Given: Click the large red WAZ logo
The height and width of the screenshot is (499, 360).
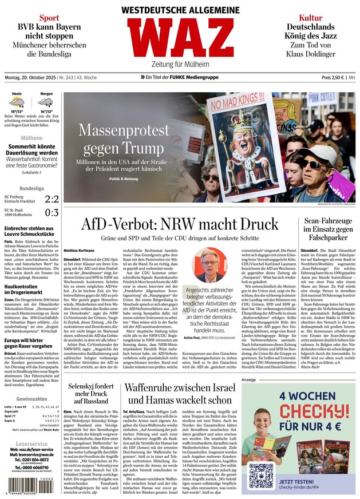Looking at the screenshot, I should click(180, 37).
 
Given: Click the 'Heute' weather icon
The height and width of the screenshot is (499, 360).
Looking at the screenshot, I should click(17, 103).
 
